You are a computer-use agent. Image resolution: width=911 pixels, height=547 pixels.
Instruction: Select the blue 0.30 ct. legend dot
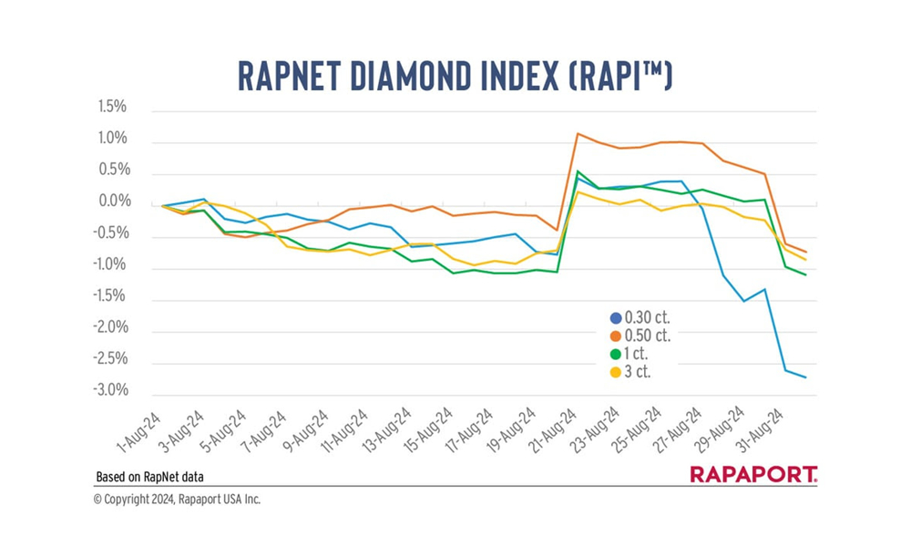pos(615,317)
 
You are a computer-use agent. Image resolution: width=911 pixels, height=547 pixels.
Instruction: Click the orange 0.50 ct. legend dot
pos(615,335)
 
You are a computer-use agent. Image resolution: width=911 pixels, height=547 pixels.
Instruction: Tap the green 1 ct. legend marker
pos(615,354)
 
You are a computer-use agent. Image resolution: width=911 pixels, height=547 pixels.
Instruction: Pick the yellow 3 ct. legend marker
pos(615,372)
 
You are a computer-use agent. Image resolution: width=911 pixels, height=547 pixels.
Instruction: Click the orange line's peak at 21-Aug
pos(578,133)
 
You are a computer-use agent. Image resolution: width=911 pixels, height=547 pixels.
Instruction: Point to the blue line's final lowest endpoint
pos(805,377)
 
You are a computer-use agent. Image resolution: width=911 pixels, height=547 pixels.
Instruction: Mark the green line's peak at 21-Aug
pos(578,170)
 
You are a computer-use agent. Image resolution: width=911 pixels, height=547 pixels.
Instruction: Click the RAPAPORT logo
pos(752,474)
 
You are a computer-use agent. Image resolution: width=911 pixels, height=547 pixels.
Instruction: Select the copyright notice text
pos(177,500)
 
